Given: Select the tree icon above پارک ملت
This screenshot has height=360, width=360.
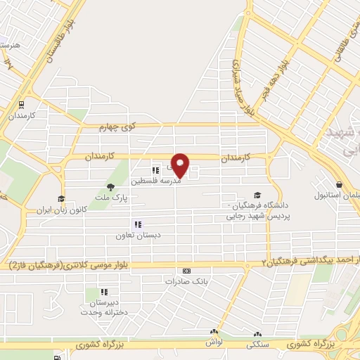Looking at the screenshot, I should pos(110,186).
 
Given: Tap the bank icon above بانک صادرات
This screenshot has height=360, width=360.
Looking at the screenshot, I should pos(186,271).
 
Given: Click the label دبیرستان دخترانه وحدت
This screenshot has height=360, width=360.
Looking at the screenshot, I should pos(103,307).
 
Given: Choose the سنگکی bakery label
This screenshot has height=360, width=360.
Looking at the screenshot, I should pos(257,345).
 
